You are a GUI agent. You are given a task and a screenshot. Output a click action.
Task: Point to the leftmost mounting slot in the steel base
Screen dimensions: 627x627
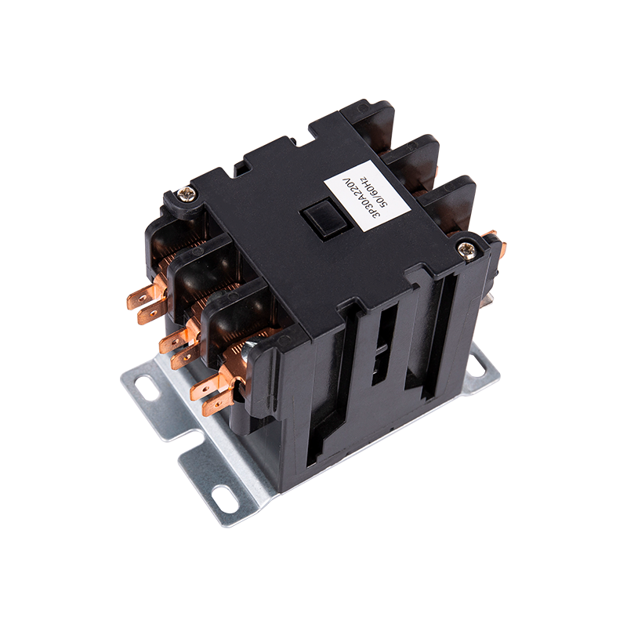(x=147, y=388)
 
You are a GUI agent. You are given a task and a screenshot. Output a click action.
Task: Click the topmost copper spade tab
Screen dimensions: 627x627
(x=142, y=296)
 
